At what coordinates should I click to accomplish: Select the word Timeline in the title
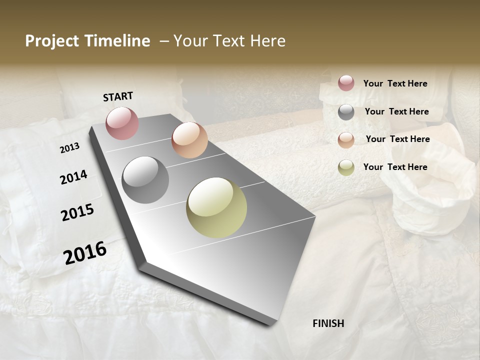(118, 41)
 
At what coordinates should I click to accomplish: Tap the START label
(118, 96)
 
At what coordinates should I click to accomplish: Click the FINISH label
(328, 323)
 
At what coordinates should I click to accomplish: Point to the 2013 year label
(69, 148)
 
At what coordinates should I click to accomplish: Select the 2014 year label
(74, 177)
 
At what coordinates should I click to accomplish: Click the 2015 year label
(77, 212)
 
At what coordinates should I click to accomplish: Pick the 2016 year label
(85, 252)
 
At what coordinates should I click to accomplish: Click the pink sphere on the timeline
(122, 123)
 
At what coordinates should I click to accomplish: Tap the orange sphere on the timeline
(189, 140)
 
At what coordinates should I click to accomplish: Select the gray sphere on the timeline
(145, 180)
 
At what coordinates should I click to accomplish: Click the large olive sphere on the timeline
(216, 207)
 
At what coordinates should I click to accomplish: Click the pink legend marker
(346, 83)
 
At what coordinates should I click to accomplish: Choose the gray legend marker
(346, 112)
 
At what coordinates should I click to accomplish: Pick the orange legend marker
(346, 140)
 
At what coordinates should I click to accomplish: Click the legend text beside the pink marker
(395, 83)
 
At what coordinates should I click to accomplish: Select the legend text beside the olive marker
(395, 167)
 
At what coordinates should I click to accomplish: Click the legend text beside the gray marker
(396, 111)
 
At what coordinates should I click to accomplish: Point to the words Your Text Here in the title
(229, 41)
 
